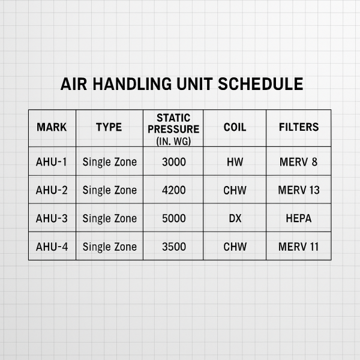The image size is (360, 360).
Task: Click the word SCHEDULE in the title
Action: click(260, 84)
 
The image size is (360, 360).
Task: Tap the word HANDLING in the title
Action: click(132, 84)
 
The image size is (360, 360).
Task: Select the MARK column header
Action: click(52, 127)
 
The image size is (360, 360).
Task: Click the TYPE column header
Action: click(109, 127)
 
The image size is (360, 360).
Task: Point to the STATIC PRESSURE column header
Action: click(173, 130)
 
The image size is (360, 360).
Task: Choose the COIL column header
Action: click(235, 127)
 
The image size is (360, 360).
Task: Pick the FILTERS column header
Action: click(299, 127)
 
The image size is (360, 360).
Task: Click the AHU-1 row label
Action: click(51, 162)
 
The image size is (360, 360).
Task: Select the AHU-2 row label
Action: click(52, 190)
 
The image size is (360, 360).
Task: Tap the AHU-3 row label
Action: click(52, 218)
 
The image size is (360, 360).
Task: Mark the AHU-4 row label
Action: click(52, 247)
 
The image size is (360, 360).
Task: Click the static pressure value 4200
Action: click(174, 190)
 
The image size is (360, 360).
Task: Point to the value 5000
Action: click(174, 218)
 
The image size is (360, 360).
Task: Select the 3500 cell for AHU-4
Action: click(174, 247)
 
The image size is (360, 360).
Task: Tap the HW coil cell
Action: click(235, 162)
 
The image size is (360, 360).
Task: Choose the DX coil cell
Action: click(235, 218)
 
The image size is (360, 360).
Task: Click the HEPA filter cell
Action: click(299, 218)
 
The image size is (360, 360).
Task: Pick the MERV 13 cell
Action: click(299, 190)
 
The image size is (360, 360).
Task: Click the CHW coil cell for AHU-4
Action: click(235, 247)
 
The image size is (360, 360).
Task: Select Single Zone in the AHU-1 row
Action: click(110, 162)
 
